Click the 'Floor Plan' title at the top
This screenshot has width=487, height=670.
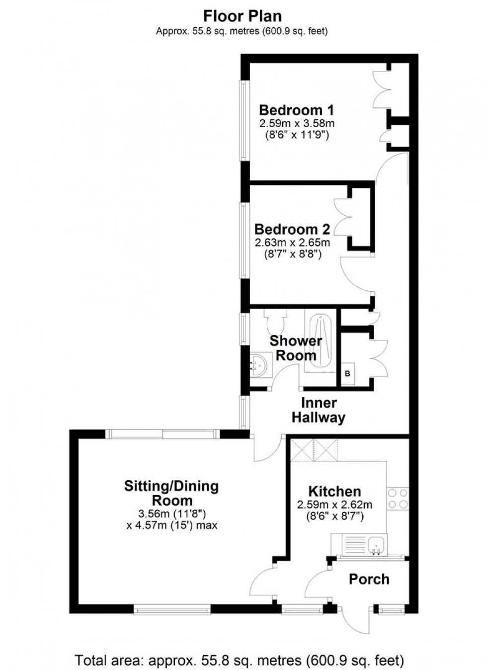pyautogui.click(x=243, y=16)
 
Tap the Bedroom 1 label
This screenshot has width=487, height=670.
pyautogui.click(x=296, y=110)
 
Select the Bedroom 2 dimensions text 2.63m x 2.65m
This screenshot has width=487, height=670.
pyautogui.click(x=292, y=243)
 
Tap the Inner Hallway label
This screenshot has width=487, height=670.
pyautogui.click(x=318, y=410)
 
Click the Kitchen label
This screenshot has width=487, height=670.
pyautogui.click(x=334, y=492)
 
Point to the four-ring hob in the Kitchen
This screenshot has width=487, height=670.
pyautogui.click(x=398, y=499)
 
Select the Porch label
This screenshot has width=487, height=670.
pyautogui.click(x=369, y=579)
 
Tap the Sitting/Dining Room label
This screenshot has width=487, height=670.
pyautogui.click(x=171, y=493)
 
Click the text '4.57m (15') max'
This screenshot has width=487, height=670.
pyautogui.click(x=172, y=525)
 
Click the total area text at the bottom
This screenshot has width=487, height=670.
pyautogui.click(x=239, y=661)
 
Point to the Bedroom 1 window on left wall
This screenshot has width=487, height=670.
pyautogui.click(x=243, y=120)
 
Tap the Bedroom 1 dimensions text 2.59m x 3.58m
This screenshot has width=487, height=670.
pyautogui.click(x=296, y=123)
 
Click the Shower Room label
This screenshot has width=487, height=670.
pyautogui.click(x=296, y=348)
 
